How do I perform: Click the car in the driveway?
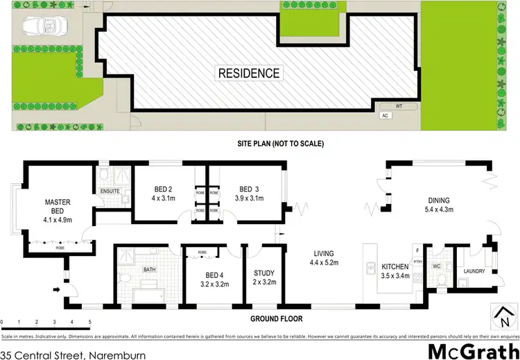point(42,26)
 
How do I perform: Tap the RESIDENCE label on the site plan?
point(250,73)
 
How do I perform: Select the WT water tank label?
point(399,106)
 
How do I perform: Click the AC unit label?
point(383,116)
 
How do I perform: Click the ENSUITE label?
point(110,189)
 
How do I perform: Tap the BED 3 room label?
point(249,189)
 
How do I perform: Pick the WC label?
point(436,265)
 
